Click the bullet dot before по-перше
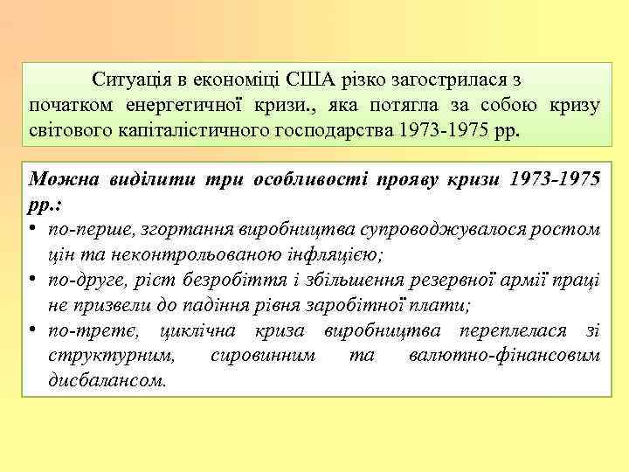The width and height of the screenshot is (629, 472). (x=33, y=229)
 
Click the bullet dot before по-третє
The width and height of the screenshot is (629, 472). (x=33, y=330)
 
